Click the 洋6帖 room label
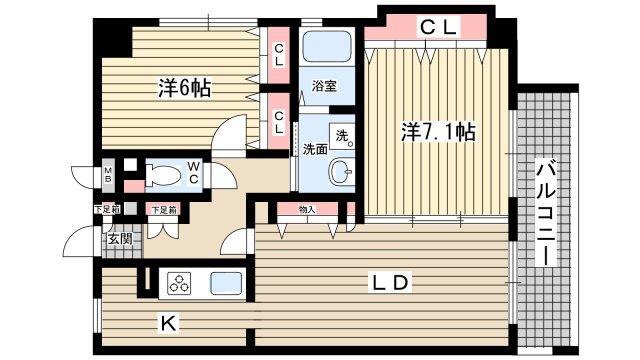[x=186, y=87]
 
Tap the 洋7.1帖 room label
[x=437, y=131]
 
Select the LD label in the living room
[x=390, y=283]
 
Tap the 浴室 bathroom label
[x=322, y=87]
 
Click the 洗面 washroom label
[x=314, y=150]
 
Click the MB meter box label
[x=108, y=179]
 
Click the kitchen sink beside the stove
[x=225, y=284]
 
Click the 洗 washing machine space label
[x=341, y=135]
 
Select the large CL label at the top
[x=437, y=28]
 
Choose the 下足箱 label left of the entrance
[x=106, y=209]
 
